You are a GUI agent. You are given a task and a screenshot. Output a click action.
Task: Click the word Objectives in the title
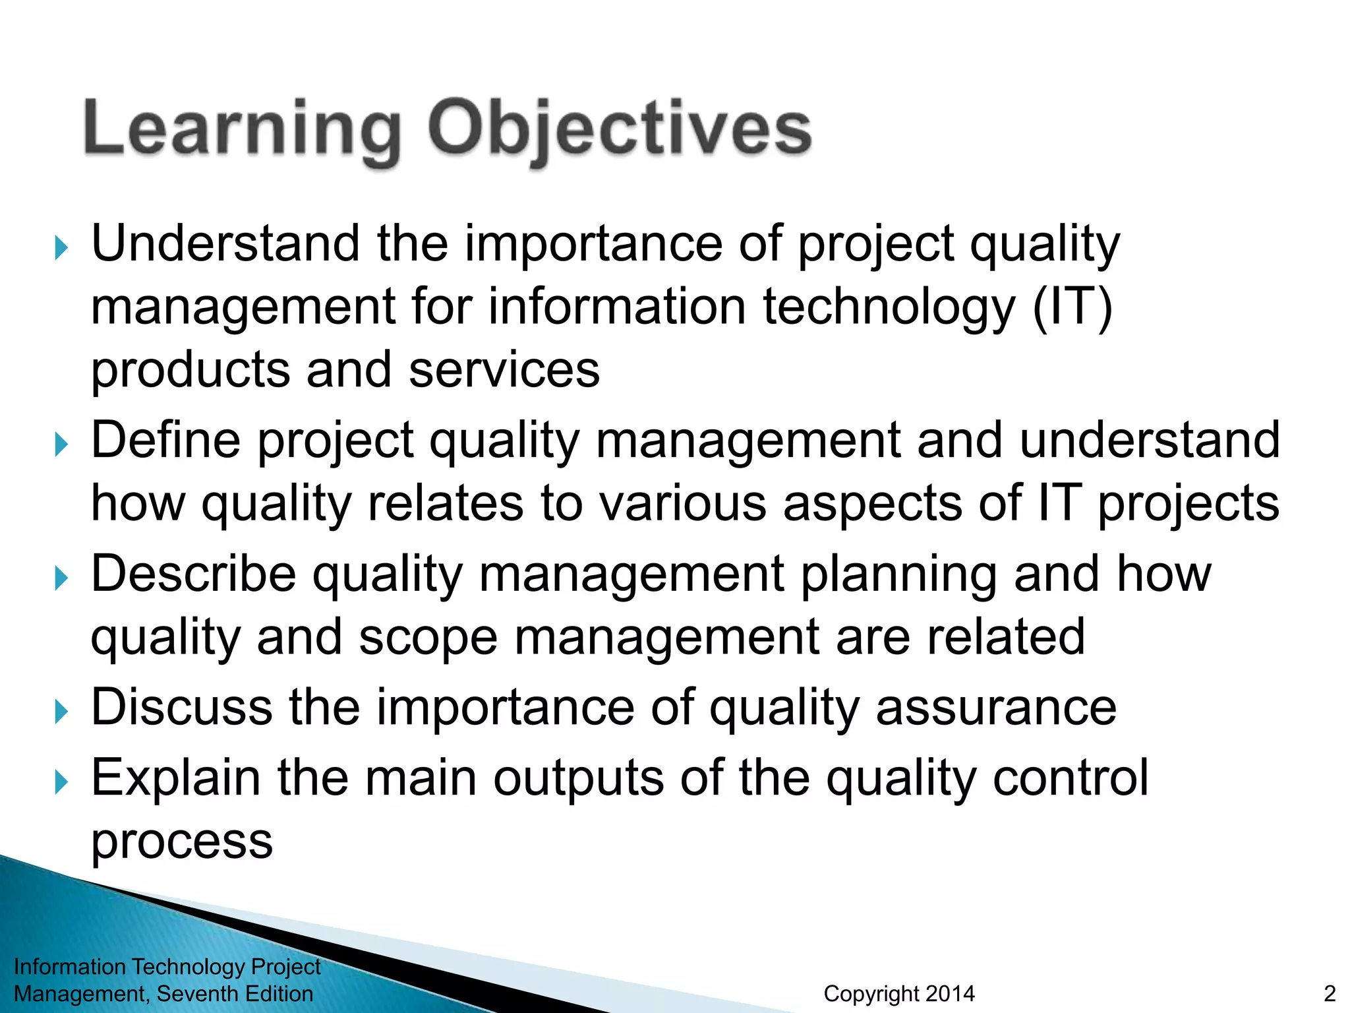tap(620, 131)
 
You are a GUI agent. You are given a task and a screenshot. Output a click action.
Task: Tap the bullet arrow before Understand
tap(61, 249)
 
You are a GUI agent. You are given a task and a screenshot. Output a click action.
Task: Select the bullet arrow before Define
tap(61, 445)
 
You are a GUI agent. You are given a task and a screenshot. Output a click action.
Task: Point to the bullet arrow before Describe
tap(61, 579)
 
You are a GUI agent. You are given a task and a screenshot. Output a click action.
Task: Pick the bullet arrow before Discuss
tap(61, 712)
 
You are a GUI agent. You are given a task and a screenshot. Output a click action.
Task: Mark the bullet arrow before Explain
tap(61, 783)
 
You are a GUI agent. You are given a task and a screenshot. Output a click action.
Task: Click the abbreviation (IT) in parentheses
tap(1072, 307)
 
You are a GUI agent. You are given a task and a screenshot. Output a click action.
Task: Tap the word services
tap(504, 370)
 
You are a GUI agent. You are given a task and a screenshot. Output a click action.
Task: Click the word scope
tap(428, 638)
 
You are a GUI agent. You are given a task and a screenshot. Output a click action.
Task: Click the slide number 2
tap(1330, 993)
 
